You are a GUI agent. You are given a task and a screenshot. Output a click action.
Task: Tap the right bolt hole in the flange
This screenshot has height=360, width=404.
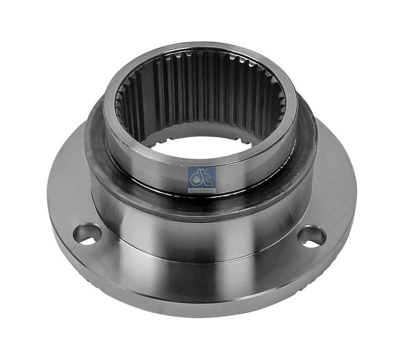(x=312, y=237)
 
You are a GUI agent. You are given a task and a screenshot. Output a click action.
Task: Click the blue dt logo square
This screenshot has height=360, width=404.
(x=201, y=175)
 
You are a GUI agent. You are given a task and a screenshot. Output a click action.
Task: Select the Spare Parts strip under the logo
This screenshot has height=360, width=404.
(x=201, y=190)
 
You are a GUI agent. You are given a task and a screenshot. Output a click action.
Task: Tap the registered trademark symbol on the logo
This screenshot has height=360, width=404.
(x=214, y=166)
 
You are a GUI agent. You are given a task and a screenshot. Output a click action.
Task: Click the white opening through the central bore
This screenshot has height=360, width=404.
(x=202, y=147)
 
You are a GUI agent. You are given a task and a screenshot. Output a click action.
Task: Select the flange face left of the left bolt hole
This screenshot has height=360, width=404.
(x=63, y=222)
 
